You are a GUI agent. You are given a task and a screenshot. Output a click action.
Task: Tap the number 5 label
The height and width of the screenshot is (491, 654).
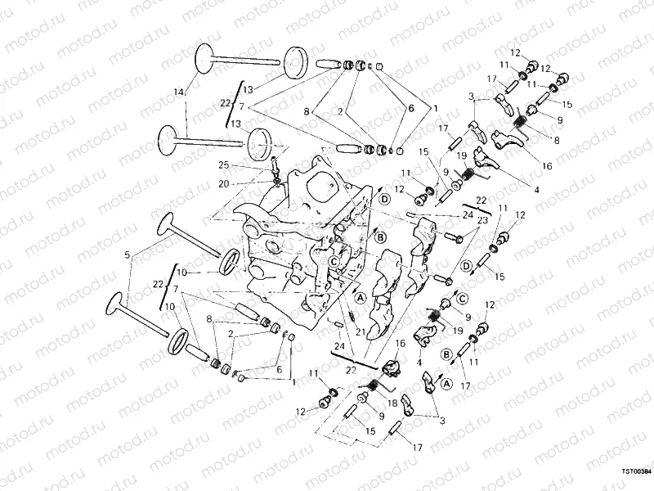[127, 256]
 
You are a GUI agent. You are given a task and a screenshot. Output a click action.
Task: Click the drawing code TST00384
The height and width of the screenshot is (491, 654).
[636, 472]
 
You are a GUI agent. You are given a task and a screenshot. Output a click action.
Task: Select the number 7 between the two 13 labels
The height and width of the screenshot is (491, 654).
[240, 106]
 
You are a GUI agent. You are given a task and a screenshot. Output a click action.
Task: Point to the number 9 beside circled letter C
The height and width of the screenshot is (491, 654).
[468, 317]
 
